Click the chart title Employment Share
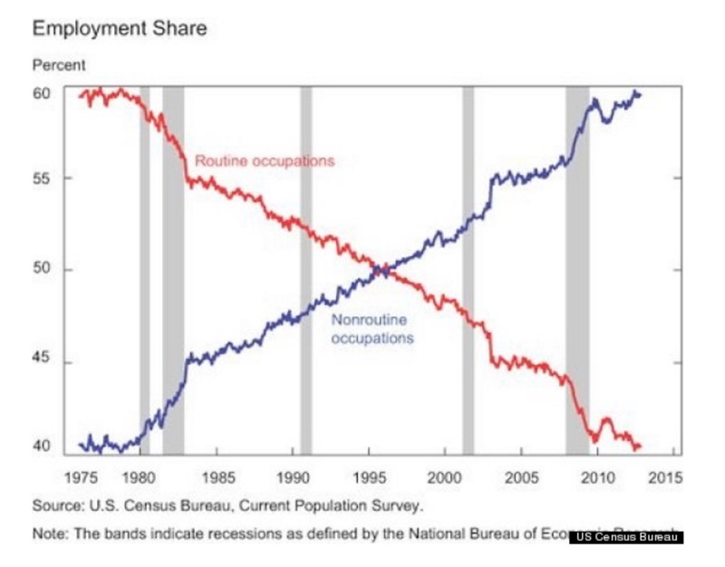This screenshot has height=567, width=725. pyautogui.click(x=119, y=29)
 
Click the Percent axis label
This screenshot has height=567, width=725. pyautogui.click(x=59, y=66)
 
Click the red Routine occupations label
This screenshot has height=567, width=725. pyautogui.click(x=265, y=161)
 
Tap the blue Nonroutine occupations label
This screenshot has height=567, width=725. pyautogui.click(x=372, y=329)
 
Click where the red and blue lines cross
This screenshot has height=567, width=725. pyautogui.click(x=382, y=269)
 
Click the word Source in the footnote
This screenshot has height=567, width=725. pyautogui.click(x=54, y=505)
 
